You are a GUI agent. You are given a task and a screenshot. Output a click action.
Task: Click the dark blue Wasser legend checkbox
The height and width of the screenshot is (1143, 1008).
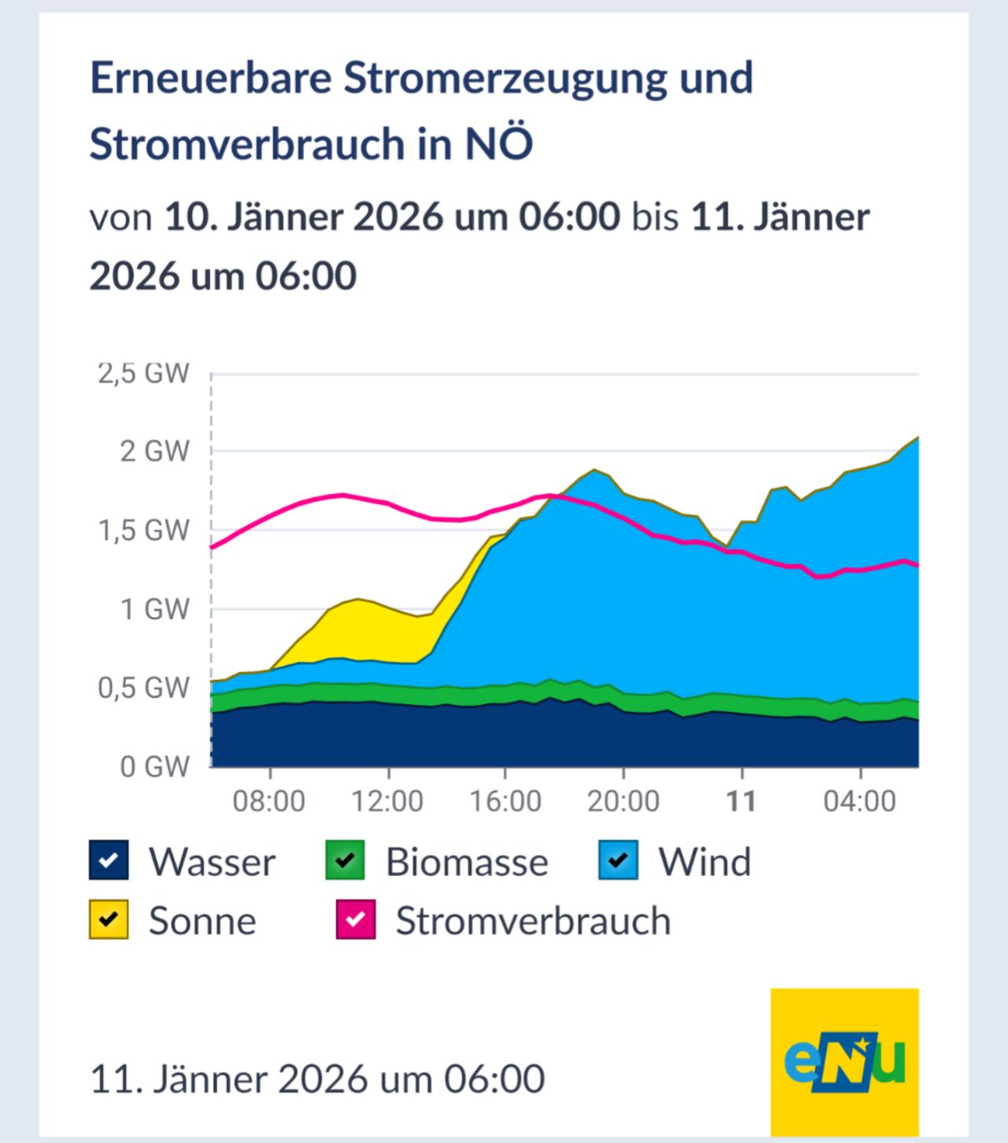[109, 860]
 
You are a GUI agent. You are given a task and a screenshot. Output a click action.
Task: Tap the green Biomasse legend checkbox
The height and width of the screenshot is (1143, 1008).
[345, 860]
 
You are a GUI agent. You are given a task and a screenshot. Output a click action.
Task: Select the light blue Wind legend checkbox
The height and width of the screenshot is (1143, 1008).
[618, 860]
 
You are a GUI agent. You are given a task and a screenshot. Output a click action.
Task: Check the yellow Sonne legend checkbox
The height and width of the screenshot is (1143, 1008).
[109, 920]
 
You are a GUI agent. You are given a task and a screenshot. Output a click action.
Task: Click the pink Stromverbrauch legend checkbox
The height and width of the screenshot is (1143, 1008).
[356, 920]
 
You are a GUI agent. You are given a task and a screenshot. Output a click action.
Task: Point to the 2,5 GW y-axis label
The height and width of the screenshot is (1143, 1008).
[143, 373]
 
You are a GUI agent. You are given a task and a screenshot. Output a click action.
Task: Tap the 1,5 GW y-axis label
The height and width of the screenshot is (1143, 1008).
[143, 530]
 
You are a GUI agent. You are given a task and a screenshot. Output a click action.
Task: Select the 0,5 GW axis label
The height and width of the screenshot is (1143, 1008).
[143, 688]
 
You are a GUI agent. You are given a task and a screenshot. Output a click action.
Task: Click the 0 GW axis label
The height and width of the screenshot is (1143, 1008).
[154, 766]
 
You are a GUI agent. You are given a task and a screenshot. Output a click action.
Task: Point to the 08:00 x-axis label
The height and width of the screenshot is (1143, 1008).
[269, 801]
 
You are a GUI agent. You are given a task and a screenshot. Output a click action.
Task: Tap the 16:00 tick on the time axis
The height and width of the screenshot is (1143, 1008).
[505, 801]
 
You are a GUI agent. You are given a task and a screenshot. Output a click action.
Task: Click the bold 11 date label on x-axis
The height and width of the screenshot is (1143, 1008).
[740, 801]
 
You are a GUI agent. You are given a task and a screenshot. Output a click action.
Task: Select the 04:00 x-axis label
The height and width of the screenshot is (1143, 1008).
[859, 801]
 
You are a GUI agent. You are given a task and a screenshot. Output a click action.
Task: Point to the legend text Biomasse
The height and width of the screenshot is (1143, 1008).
[466, 862]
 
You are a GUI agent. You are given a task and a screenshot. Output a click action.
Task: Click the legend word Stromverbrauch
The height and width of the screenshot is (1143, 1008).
[533, 921]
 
